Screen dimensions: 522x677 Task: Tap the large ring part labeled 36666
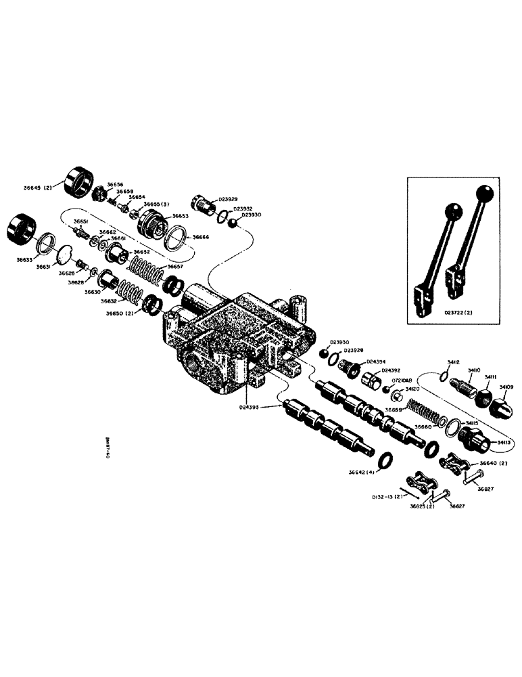pos(176,240)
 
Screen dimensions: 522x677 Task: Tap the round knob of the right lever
pos(483,194)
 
